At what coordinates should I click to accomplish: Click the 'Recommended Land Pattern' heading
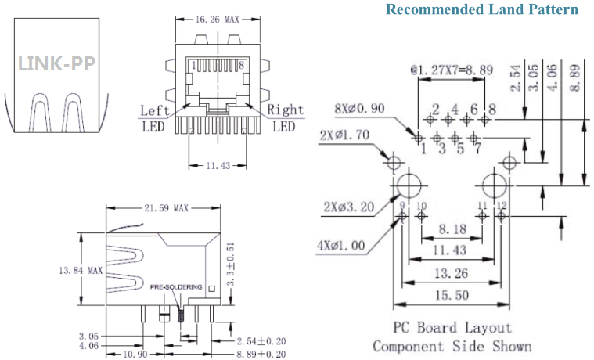(482, 10)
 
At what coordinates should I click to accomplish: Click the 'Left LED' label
(154, 117)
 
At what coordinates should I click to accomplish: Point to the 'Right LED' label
(283, 117)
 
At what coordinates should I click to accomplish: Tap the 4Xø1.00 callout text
(341, 246)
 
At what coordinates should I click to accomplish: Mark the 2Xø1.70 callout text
(345, 135)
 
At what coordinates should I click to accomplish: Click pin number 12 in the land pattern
(502, 206)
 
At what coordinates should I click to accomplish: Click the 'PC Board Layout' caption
(453, 327)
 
